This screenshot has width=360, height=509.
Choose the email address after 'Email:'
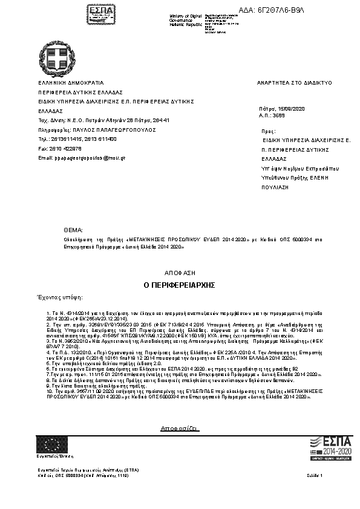click(x=90, y=158)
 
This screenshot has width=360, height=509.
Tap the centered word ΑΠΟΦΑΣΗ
click(x=180, y=273)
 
